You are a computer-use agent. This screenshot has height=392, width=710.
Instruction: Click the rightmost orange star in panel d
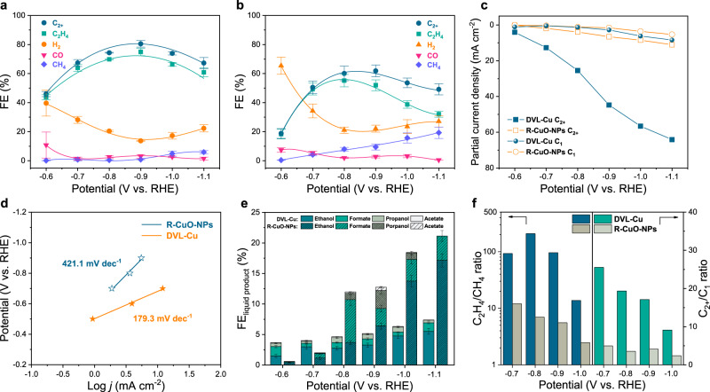(162, 288)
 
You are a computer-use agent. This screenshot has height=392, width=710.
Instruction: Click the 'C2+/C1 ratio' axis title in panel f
(699, 288)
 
